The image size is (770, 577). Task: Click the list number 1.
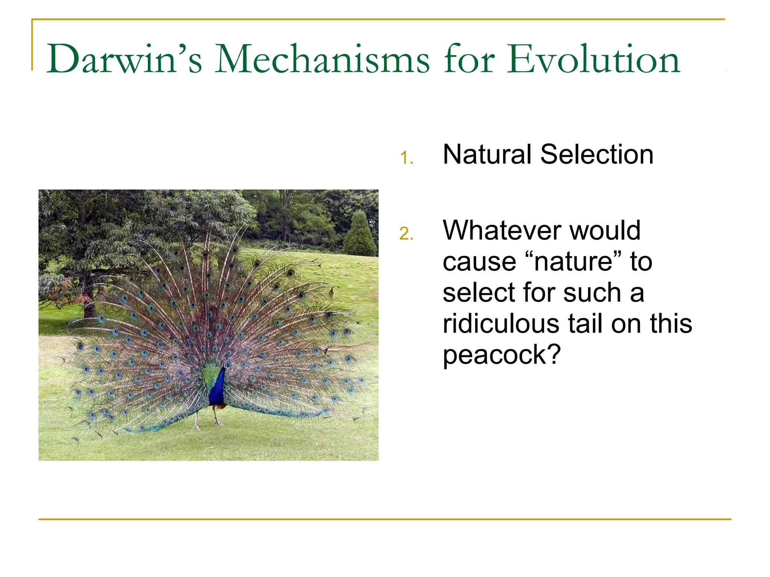406,158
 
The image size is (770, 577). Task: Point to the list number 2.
406,234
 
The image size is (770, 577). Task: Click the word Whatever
502,230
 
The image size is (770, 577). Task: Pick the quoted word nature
573,262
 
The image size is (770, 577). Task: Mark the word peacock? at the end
502,355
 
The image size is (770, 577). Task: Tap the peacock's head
227,365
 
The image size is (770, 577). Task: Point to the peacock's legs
206,419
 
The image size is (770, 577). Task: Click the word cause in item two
479,262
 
